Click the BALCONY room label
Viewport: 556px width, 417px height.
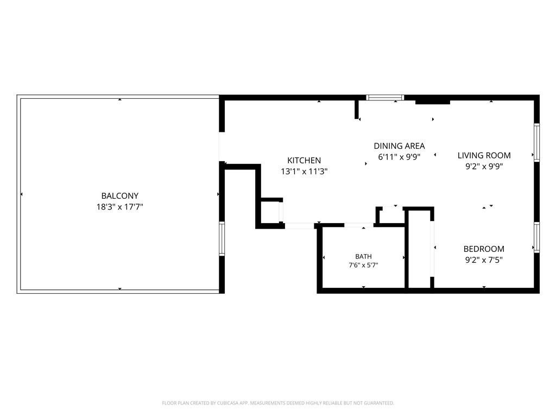(120, 195)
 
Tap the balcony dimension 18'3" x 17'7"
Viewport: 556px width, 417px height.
(120, 207)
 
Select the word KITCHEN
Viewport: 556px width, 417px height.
(304, 160)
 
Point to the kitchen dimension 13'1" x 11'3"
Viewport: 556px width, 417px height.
(304, 172)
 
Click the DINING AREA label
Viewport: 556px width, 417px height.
(399, 146)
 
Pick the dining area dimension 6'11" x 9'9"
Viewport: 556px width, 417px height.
(399, 157)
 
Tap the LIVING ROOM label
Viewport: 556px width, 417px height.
(484, 155)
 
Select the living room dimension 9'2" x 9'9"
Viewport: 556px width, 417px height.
(484, 166)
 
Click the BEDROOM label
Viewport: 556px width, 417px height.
(484, 249)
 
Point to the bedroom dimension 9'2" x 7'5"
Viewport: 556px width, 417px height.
(484, 260)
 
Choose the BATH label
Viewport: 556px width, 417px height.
(363, 256)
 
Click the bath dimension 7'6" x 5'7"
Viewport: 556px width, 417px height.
(363, 265)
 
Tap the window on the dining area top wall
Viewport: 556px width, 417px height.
(385, 98)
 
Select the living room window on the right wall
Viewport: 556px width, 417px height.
(537, 143)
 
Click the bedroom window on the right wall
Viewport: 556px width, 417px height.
(537, 238)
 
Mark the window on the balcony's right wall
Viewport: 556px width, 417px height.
(222, 239)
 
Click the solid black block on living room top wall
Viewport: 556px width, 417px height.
(433, 102)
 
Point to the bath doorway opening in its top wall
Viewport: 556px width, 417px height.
(359, 225)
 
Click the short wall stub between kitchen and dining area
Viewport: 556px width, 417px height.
(357, 110)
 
